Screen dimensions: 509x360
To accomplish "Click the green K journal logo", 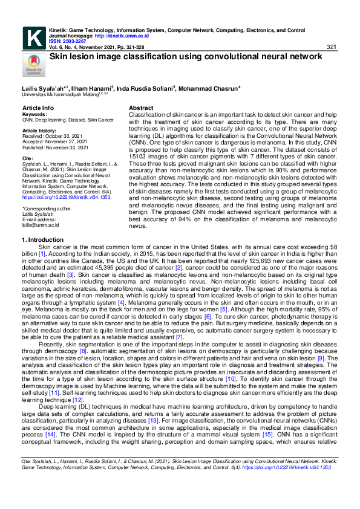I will [x=33, y=38].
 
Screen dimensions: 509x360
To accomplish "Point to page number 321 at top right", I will [x=331, y=47].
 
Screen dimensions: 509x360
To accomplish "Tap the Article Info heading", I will [x=38, y=108].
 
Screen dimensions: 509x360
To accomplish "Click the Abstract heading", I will [x=141, y=108].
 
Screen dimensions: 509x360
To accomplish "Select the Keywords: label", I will [x=34, y=114].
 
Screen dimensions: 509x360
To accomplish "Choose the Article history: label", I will [x=39, y=130].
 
